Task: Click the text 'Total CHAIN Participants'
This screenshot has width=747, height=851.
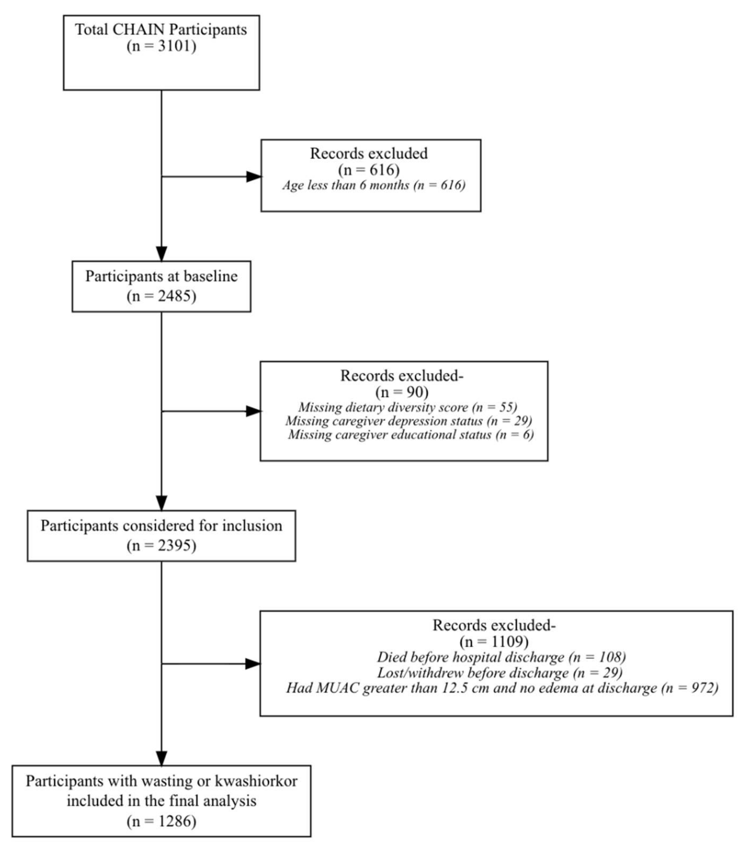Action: (x=161, y=30)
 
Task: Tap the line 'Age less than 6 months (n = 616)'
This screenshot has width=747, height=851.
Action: (x=373, y=185)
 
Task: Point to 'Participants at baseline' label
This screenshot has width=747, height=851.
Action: (x=161, y=276)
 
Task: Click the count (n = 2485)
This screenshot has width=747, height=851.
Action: (x=161, y=296)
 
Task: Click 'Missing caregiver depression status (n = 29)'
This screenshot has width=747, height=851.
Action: (x=408, y=421)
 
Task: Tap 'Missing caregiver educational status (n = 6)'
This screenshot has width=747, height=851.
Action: (x=411, y=435)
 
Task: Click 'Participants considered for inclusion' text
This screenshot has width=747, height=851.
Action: (x=161, y=526)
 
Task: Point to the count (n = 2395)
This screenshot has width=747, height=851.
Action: (x=161, y=546)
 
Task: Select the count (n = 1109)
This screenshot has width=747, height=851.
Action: (x=494, y=642)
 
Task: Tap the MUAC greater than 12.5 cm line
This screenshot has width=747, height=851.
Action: (x=502, y=688)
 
